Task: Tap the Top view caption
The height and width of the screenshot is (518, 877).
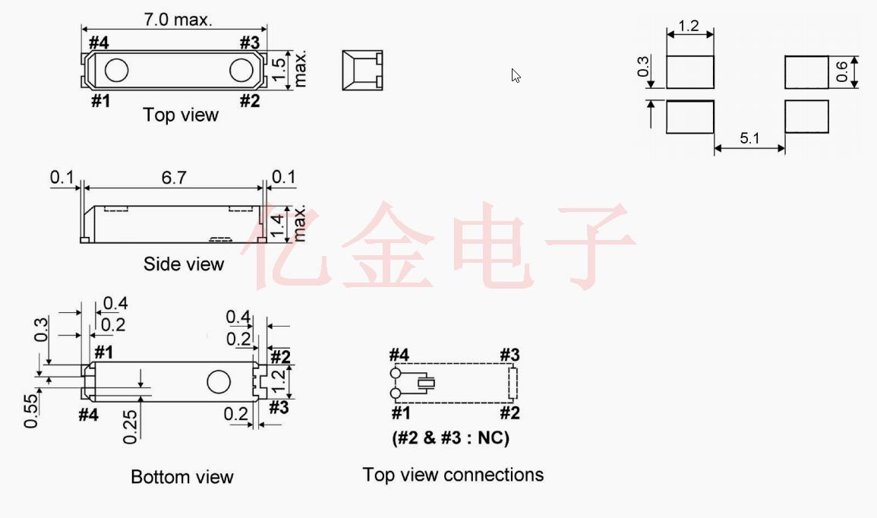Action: (181, 115)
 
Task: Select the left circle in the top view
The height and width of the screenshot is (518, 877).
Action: (116, 71)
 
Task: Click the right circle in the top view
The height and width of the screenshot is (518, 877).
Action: (241, 70)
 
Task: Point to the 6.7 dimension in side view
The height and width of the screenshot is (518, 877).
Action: (174, 178)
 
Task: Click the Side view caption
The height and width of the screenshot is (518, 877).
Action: (184, 264)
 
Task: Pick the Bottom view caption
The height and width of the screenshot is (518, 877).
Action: (182, 477)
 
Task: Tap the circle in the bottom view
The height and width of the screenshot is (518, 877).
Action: (218, 382)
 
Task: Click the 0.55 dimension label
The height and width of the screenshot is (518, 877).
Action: (31, 411)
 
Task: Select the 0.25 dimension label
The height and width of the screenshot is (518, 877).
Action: (130, 427)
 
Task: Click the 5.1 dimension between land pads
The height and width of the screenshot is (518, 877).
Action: (749, 138)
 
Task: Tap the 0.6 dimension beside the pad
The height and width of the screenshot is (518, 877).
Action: (841, 72)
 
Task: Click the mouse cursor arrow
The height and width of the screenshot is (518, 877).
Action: (516, 75)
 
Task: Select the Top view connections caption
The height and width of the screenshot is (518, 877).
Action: (453, 475)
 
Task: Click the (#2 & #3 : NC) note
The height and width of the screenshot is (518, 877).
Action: (451, 437)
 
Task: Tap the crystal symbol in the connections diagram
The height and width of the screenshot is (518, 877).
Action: (429, 384)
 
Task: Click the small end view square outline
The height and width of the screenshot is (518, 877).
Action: (362, 71)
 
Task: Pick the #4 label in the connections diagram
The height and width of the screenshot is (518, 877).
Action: (399, 355)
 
